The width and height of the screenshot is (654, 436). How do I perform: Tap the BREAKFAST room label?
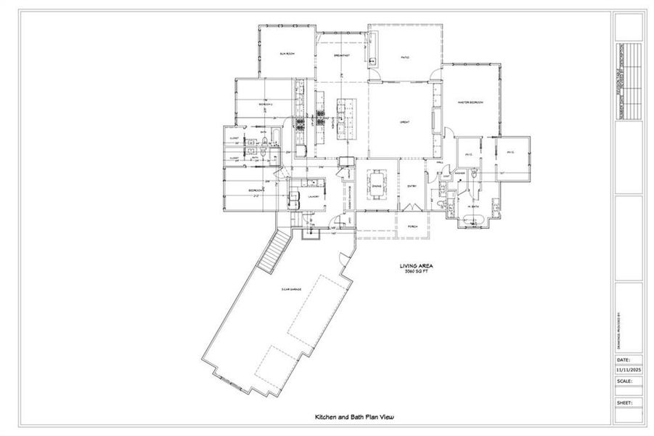point(342,55)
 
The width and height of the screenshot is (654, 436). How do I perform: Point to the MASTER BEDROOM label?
point(470,101)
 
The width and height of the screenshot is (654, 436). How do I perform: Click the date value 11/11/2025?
point(627,369)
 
